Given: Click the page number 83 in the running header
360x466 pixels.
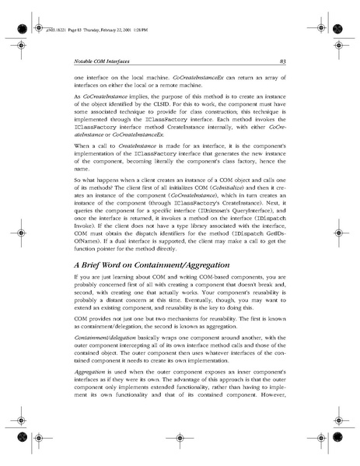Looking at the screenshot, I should pos(282,60).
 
